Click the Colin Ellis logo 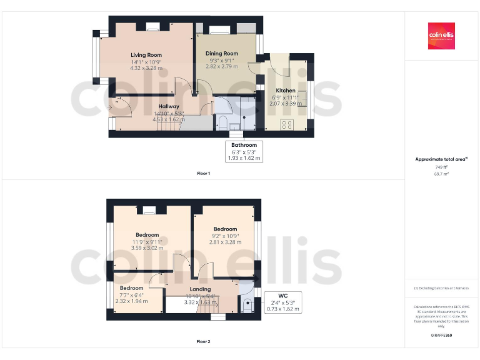[441, 36]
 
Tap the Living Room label [146, 55]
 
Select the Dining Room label [222, 54]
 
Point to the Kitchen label [286, 91]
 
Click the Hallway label [169, 106]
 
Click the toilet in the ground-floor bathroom [223, 123]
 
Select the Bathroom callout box [244, 152]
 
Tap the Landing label [200, 289]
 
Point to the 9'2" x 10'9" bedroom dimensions [225, 236]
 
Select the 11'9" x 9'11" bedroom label [147, 235]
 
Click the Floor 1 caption [204, 172]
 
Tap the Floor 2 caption [204, 342]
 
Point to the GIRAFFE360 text [441, 336]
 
